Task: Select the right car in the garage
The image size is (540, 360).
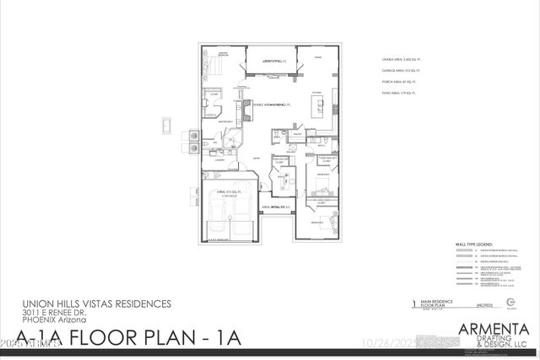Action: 240,228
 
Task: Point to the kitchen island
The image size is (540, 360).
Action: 320,105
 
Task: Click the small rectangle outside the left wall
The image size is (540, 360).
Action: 165,126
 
